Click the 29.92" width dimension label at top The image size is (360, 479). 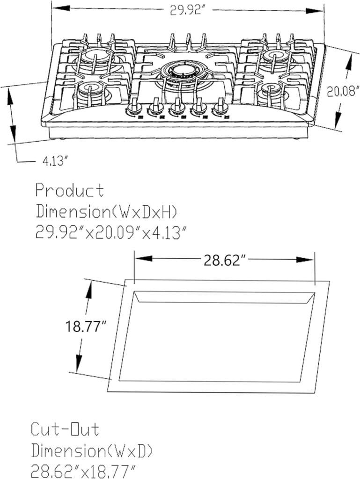point(187,11)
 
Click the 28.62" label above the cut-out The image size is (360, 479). point(222,261)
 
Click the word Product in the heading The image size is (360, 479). point(70,190)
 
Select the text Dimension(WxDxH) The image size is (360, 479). point(106,211)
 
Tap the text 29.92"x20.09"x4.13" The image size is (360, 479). point(110,233)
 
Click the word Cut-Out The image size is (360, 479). point(65,429)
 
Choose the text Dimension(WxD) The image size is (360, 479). point(92,451)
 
